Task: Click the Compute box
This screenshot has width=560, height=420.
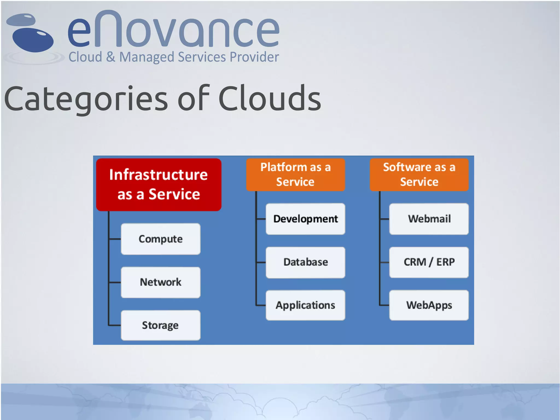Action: coord(161,239)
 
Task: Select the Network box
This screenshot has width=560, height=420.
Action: coord(161,282)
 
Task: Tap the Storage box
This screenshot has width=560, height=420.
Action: coord(161,325)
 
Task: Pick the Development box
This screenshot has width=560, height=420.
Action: coord(305,219)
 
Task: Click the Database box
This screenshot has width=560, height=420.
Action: coord(305,262)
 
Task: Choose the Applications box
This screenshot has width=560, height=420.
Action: coord(305,305)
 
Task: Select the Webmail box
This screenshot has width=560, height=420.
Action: coord(429,219)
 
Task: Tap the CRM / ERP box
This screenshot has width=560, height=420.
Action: coord(429,262)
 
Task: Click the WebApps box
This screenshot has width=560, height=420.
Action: coord(429,305)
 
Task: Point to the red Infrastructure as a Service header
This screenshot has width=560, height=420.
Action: coord(159,184)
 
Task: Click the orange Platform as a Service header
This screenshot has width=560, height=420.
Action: coord(295,175)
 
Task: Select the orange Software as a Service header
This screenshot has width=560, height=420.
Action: coord(419,175)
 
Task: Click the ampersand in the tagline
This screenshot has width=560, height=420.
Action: coord(110,57)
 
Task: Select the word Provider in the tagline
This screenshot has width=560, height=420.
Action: coord(254,57)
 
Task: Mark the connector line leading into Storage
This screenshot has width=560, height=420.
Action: coord(114,325)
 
